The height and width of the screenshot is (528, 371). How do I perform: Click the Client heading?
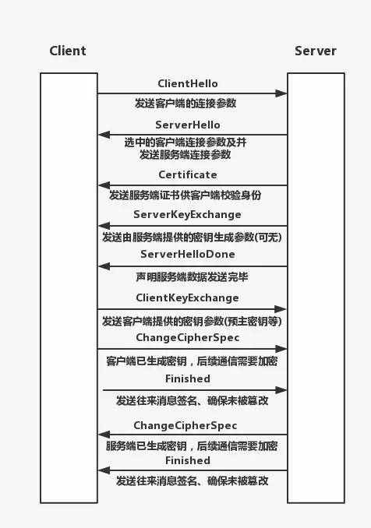coord(68,51)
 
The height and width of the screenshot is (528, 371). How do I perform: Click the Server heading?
coord(316,51)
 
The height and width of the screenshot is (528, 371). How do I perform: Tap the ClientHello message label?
coord(188,83)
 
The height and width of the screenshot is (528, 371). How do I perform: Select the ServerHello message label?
coord(188,125)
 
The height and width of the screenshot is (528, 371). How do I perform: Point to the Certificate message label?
coord(188,174)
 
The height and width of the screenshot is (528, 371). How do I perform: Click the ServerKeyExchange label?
coord(187,215)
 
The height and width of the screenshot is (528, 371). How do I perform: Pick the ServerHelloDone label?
coord(188,254)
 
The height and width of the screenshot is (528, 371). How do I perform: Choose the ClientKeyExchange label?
coord(187,298)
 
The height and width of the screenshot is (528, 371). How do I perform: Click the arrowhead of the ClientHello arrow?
coord(281,93)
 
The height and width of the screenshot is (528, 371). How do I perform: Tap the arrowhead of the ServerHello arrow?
coord(104,135)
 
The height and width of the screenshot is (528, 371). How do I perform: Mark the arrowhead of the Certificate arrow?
coord(104,185)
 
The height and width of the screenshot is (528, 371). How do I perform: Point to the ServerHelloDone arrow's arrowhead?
coord(104,266)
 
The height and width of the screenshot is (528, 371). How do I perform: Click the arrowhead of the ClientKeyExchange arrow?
coord(281,309)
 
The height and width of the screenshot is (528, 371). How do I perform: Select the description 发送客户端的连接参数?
coord(185,104)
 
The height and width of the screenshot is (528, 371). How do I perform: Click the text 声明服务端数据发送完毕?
coord(192,277)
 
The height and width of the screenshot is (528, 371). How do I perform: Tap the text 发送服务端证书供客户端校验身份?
coord(185,195)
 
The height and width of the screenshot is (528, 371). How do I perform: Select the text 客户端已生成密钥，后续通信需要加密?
coord(192,361)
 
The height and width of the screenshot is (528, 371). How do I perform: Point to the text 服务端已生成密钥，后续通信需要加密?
coord(192,446)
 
